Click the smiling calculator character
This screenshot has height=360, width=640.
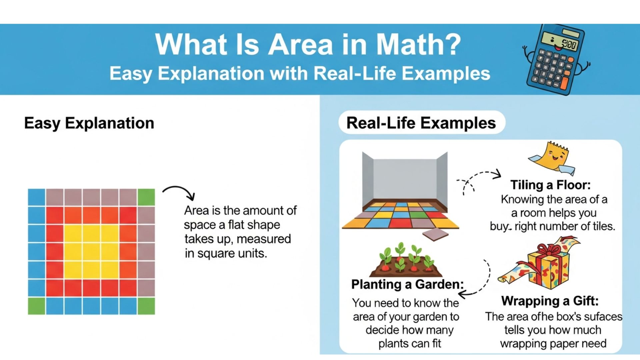555,60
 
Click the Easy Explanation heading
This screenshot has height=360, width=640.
89,123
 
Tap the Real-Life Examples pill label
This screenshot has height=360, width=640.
421,123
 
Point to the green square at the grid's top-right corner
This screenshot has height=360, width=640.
146,197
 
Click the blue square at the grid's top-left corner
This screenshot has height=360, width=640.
36,197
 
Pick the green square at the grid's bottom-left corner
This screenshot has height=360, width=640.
36,306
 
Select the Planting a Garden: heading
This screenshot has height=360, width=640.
407,284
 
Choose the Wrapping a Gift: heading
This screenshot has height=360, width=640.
550,301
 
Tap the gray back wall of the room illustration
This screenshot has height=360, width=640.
405,178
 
